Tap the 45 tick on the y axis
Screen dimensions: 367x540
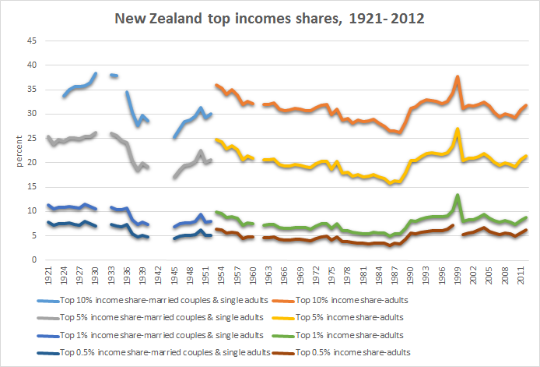(x=33, y=41)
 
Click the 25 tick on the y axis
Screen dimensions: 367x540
(x=33, y=138)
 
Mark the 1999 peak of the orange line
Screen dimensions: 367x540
(x=458, y=76)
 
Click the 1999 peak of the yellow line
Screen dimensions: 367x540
(x=458, y=129)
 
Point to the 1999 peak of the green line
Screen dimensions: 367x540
(x=458, y=195)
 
